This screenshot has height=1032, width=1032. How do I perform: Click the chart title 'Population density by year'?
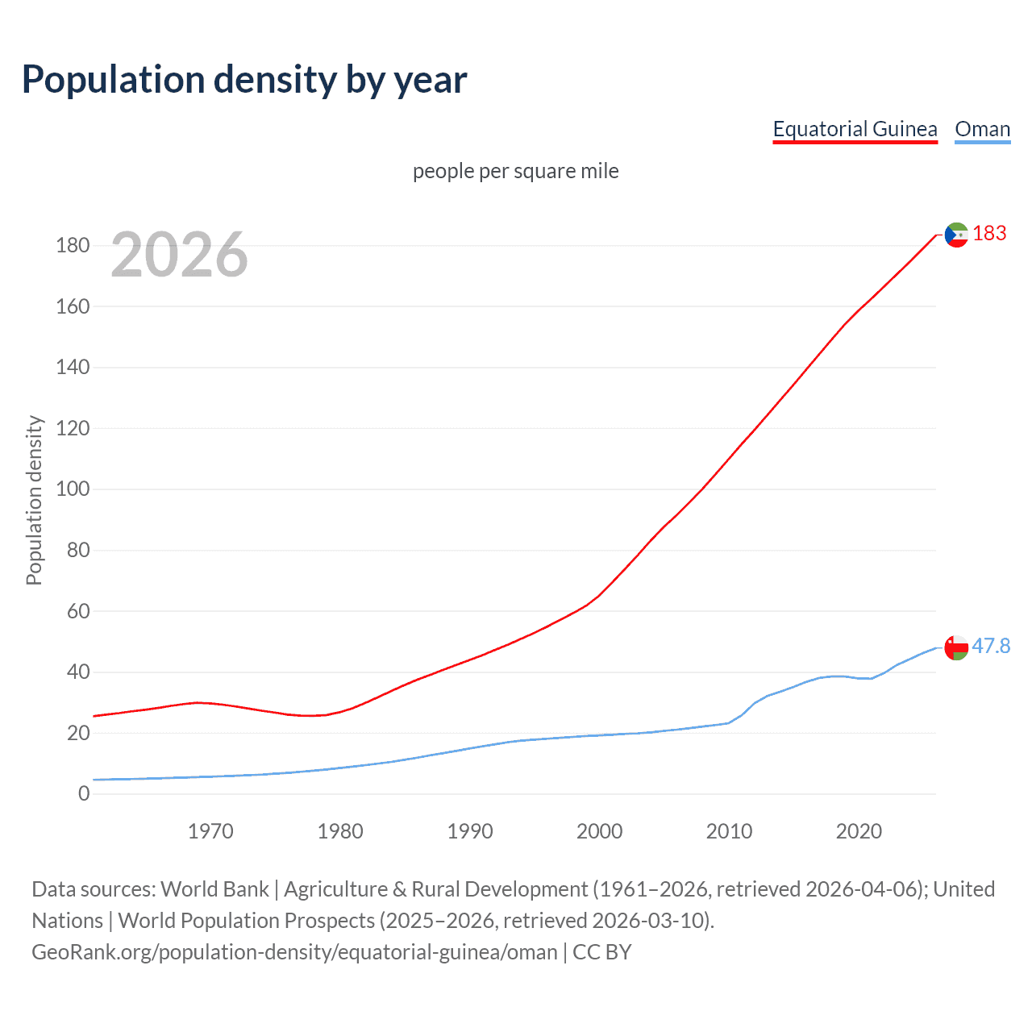(x=244, y=80)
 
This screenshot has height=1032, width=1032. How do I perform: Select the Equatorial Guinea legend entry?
(x=855, y=129)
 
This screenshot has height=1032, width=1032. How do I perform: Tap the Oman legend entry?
(x=982, y=129)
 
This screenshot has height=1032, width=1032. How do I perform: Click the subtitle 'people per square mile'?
(x=515, y=171)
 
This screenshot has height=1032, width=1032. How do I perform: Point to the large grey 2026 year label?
(x=179, y=255)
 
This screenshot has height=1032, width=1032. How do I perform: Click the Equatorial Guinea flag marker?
(x=956, y=235)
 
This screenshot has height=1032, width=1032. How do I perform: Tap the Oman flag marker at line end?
(x=956, y=647)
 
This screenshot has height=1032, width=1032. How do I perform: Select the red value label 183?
(x=989, y=234)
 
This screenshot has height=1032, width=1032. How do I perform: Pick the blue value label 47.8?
(x=991, y=647)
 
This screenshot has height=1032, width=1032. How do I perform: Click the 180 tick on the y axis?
(x=73, y=245)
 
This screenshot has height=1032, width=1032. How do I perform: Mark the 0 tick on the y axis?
(x=84, y=794)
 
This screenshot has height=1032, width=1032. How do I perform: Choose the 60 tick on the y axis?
(x=78, y=611)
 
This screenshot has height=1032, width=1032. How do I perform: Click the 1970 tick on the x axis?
(x=210, y=831)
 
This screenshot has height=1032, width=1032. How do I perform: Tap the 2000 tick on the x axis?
(x=599, y=831)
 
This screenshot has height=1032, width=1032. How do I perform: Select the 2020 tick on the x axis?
(x=859, y=831)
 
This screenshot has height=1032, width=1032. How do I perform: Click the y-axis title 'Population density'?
(x=34, y=500)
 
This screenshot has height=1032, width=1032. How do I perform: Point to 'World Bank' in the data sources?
(x=214, y=889)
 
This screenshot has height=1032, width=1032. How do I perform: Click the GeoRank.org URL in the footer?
(x=294, y=952)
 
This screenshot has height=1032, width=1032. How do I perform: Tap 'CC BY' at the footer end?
(x=602, y=952)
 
